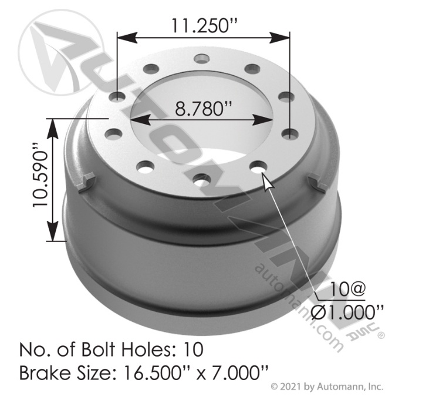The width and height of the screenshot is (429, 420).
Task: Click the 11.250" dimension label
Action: pyautogui.click(x=204, y=25)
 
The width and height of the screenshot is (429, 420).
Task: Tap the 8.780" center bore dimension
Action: pyautogui.click(x=203, y=109)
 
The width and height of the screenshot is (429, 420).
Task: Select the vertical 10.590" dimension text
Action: pyautogui.click(x=40, y=174)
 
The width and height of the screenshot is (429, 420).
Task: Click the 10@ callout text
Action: pyautogui.click(x=347, y=290)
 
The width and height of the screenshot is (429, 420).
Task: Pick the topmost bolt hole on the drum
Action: pyautogui.click(x=202, y=58)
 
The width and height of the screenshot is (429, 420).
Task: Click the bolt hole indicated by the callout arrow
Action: pyautogui.click(x=259, y=166)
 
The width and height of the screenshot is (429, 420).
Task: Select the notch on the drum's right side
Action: pyautogui.click(x=317, y=182)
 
